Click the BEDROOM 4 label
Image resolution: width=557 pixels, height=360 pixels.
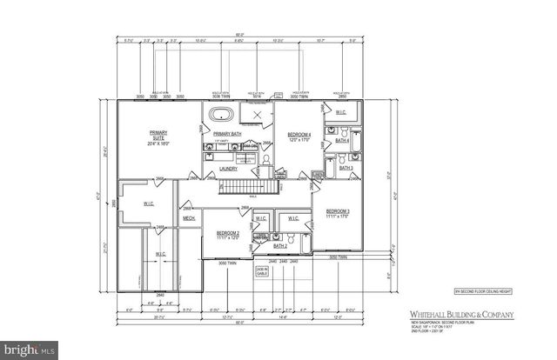(x=299, y=135)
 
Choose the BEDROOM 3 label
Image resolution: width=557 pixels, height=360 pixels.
(x=338, y=212)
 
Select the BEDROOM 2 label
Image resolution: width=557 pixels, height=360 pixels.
(x=228, y=234)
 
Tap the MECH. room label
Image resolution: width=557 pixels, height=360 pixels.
(x=188, y=218)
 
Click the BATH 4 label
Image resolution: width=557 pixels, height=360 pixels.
(x=343, y=140)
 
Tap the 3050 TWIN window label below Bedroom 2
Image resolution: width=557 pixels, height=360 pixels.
(x=227, y=262)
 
